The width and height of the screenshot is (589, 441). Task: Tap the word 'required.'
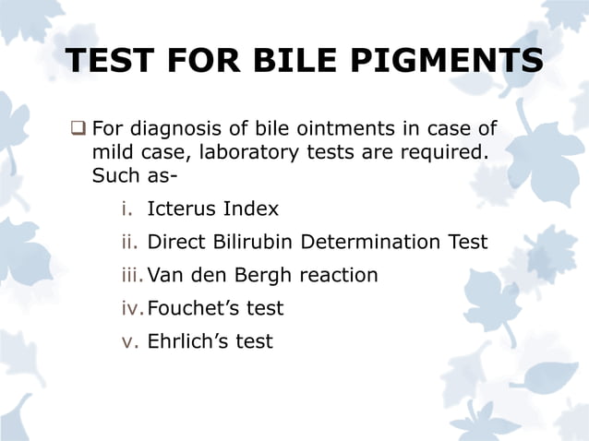[x=445, y=150]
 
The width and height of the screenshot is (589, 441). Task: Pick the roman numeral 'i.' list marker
[x=127, y=209]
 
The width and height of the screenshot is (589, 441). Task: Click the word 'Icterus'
[x=180, y=209]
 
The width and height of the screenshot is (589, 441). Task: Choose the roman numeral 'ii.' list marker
[x=129, y=242]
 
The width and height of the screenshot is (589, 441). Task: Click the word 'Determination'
[x=371, y=242]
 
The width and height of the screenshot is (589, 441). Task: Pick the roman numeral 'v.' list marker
[x=129, y=341]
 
